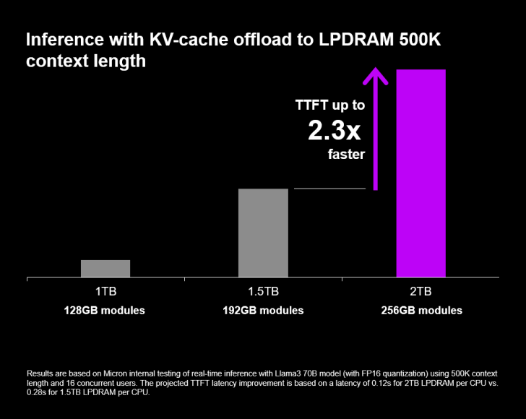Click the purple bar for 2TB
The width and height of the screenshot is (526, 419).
pyautogui.click(x=421, y=173)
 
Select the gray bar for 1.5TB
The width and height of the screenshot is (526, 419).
pyautogui.click(x=263, y=232)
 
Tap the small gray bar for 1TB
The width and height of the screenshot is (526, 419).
pyautogui.click(x=105, y=268)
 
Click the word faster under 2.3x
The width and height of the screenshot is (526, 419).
pyautogui.click(x=345, y=154)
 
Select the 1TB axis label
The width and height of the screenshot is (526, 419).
pyautogui.click(x=105, y=293)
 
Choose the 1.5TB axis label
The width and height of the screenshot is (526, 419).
pyautogui.click(x=263, y=293)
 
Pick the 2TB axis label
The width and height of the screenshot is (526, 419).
pyautogui.click(x=421, y=293)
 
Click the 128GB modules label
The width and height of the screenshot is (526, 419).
pyautogui.click(x=105, y=311)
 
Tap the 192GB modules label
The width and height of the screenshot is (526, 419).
pyautogui.click(x=263, y=311)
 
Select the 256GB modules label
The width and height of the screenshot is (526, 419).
pyautogui.click(x=421, y=311)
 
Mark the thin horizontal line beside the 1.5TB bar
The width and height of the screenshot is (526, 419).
pyautogui.click(x=329, y=189)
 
